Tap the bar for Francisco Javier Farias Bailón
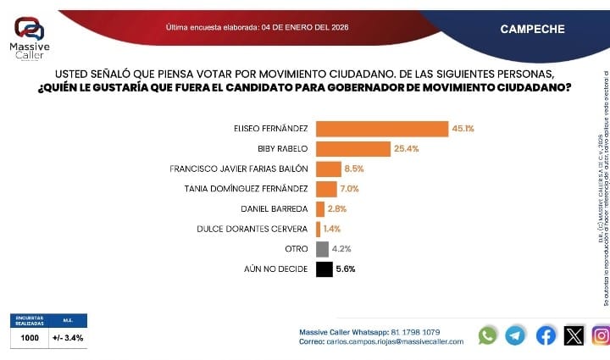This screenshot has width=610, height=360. pos(329,169)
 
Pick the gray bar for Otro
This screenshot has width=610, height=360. pos(322,249)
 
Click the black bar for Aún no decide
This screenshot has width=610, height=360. pos(324,269)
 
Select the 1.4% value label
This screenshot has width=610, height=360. pos(332,229)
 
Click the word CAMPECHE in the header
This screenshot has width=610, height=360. pos(532,29)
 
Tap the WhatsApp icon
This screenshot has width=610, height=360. pos(487,335)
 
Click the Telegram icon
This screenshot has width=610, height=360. pos(515,335)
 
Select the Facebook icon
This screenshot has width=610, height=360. pos(546,335)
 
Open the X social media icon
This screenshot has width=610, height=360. pos(574,335)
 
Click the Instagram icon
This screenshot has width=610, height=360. pos(601,335)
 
